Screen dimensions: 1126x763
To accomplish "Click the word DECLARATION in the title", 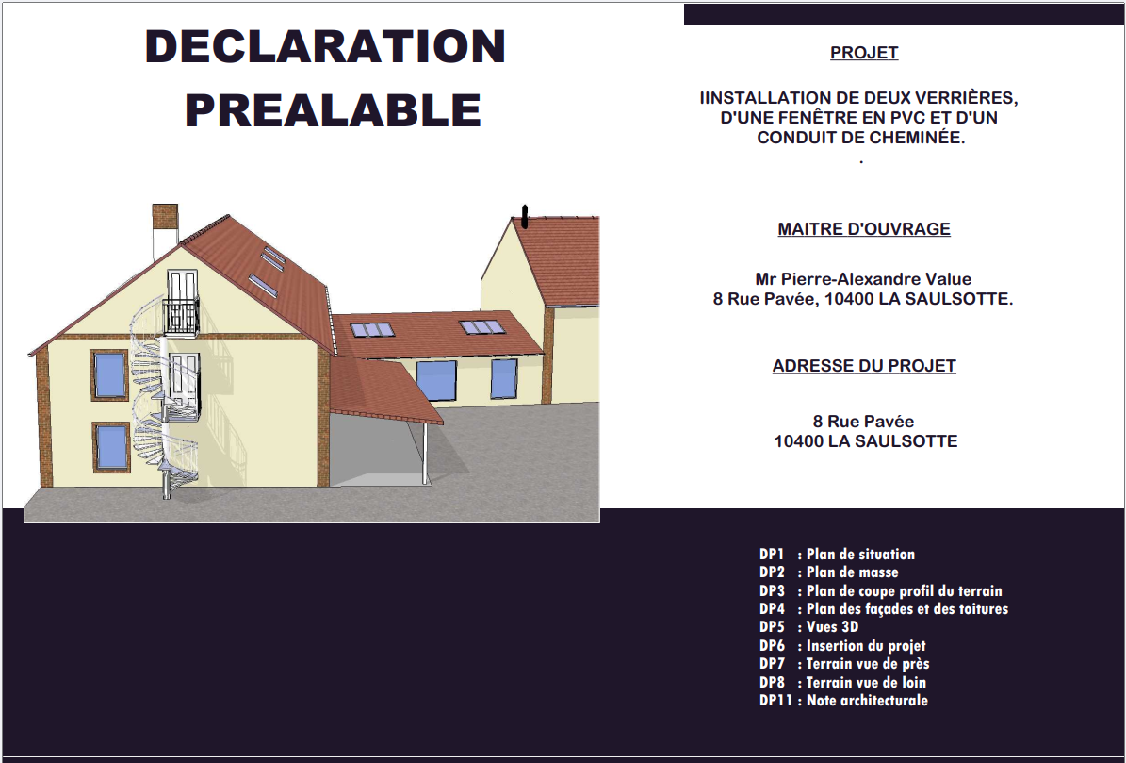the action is click(325, 47).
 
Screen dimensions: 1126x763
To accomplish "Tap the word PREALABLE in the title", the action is click(333, 110).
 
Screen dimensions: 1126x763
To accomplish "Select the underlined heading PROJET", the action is click(864, 53).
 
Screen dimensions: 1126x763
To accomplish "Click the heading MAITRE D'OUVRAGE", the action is click(864, 228).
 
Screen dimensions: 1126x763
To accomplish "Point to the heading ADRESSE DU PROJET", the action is click(864, 365).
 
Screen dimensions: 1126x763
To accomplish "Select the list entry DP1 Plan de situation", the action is click(837, 554).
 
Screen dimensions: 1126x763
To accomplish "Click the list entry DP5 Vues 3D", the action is click(808, 626).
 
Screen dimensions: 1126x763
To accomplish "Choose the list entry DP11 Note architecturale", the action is click(843, 700).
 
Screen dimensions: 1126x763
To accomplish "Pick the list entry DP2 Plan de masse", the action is click(828, 572).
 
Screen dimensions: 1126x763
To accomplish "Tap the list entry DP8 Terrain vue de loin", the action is click(842, 682).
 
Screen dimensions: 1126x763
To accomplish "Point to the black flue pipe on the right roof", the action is click(525, 216).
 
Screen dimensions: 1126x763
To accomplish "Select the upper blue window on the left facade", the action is click(109, 374).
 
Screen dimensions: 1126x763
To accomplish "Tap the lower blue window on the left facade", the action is click(111, 447).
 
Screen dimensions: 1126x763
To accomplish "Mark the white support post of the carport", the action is click(425, 454).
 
